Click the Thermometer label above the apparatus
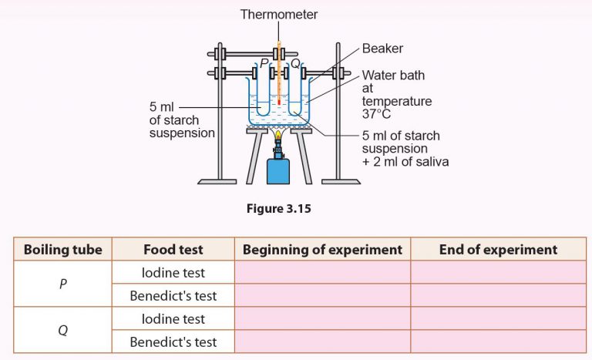[279, 14]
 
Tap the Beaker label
[382, 49]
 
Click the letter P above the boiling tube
[264, 62]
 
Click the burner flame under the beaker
[278, 137]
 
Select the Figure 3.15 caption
[278, 207]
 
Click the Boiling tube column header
[63, 249]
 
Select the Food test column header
[173, 249]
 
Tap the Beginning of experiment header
[322, 249]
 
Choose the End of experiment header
[498, 249]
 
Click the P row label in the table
[63, 284]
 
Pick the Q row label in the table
[63, 330]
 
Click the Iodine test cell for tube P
[173, 272]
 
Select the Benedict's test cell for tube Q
[173, 341]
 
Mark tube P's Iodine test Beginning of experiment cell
[322, 272]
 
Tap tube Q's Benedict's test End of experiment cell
[498, 341]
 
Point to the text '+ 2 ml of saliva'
[405, 161]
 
